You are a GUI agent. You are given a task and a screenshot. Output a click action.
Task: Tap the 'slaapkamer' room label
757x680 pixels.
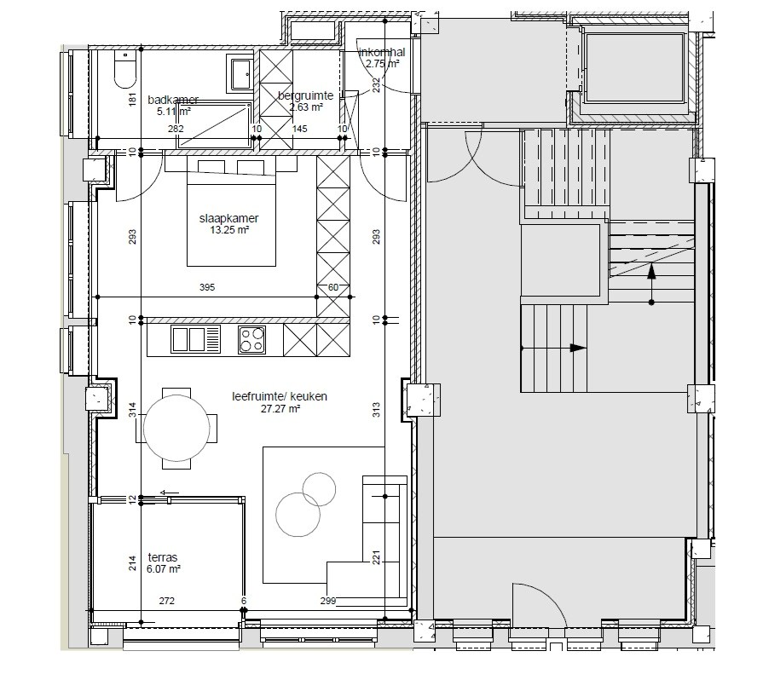tap(223, 218)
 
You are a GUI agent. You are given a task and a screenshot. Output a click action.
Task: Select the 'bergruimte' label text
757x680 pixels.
tap(305, 96)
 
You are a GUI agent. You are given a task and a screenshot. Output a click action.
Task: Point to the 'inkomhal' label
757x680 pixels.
tap(381, 52)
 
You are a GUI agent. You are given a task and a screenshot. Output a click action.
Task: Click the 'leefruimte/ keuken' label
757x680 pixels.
tap(280, 397)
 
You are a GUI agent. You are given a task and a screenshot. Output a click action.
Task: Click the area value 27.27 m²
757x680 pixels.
tap(280, 409)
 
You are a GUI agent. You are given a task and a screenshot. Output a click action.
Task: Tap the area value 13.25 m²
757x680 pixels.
tap(223, 230)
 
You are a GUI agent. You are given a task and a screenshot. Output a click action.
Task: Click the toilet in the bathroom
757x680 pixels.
tap(125, 71)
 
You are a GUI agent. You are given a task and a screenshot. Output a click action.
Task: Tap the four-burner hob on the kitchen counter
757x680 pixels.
tap(251, 340)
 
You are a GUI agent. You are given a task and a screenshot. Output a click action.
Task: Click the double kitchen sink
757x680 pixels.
tap(197, 340)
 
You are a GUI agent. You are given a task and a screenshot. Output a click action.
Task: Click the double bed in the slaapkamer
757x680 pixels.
tap(232, 213)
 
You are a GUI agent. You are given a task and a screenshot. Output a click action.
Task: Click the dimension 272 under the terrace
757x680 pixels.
tap(167, 602)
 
